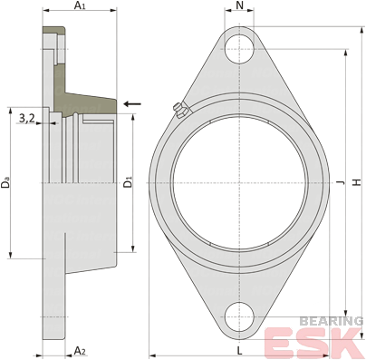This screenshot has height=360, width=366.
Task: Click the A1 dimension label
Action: click(80, 5)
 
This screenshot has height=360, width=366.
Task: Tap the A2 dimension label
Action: click(80, 351)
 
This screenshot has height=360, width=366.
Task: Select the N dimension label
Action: click(239, 5)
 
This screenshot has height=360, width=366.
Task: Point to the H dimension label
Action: click(358, 182)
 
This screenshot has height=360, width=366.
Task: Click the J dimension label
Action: click(341, 182)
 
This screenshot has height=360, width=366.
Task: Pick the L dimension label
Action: click(239, 351)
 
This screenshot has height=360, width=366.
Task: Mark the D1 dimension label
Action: click(129, 183)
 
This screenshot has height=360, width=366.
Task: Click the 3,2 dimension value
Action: click(27, 119)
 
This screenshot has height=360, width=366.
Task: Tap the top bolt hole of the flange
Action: click(239, 49)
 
